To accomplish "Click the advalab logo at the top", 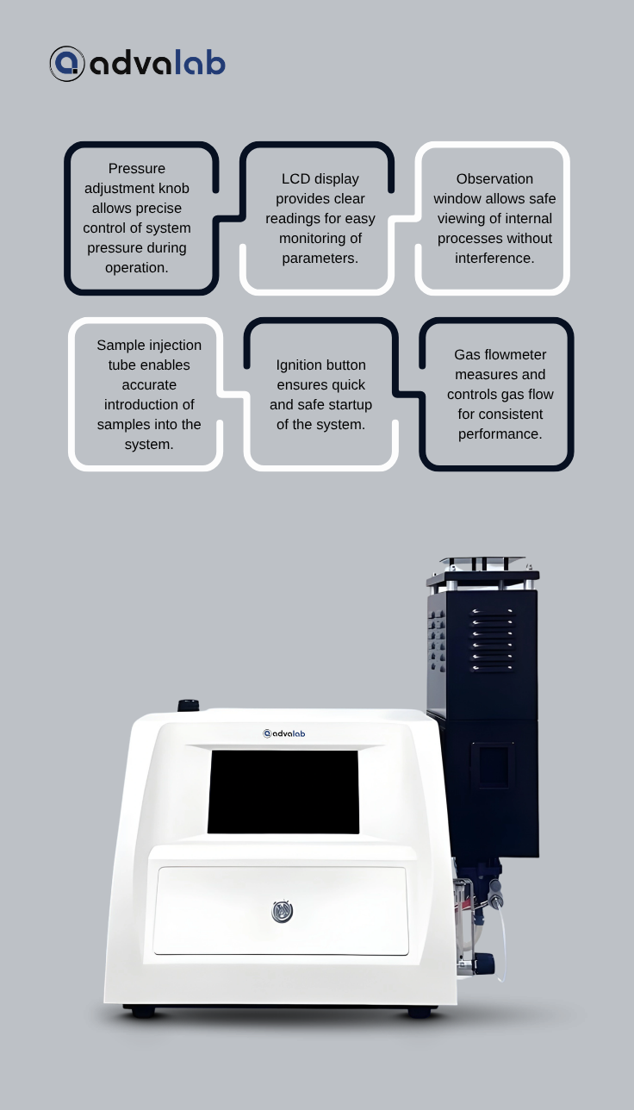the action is (138, 64).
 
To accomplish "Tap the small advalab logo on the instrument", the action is (283, 733).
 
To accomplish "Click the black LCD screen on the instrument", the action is (283, 791).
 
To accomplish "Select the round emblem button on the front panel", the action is (283, 911).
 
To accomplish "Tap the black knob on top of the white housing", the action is (188, 705).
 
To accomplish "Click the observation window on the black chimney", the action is (493, 766).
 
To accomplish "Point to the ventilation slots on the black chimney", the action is (492, 639).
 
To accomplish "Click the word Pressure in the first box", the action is (137, 169).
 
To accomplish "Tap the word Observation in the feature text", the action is (494, 179).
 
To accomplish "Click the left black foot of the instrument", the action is (143, 1013).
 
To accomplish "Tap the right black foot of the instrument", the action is (419, 1013).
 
